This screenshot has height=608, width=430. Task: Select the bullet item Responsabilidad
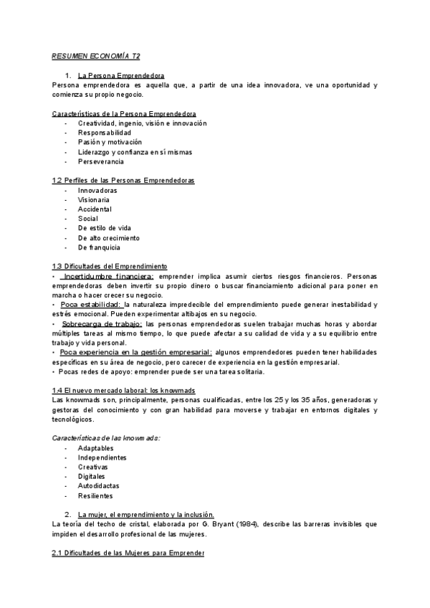pyautogui.click(x=105, y=133)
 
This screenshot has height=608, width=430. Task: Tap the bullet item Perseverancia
pyautogui.click(x=101, y=161)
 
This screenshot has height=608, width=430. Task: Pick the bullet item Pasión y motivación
pyautogui.click(x=110, y=142)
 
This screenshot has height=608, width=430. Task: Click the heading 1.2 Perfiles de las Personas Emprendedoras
pyautogui.click(x=123, y=180)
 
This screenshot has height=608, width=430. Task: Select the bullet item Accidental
pyautogui.click(x=95, y=209)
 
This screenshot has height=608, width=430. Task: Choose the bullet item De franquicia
pyautogui.click(x=99, y=247)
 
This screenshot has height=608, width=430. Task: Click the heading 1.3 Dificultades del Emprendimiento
pyautogui.click(x=110, y=266)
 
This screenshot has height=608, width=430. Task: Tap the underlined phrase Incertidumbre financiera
pyautogui.click(x=107, y=275)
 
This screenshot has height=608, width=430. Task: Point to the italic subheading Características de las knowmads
pyautogui.click(x=106, y=437)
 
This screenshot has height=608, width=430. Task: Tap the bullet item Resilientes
pyautogui.click(x=95, y=495)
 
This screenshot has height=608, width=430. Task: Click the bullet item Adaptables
pyautogui.click(x=95, y=447)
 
